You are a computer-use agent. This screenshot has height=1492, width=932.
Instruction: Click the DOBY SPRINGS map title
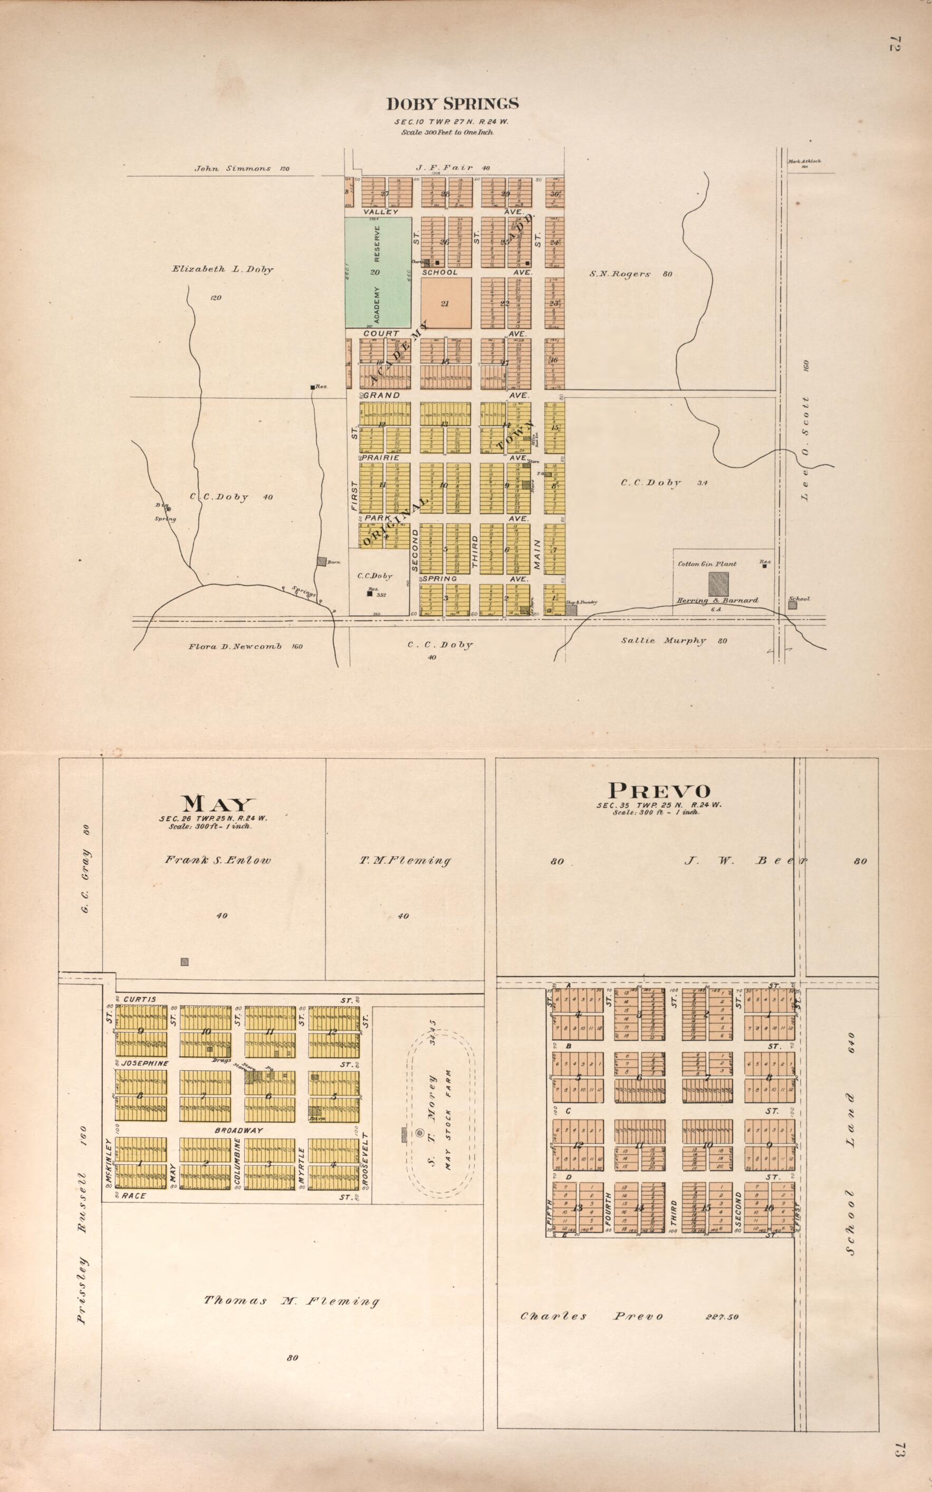452,103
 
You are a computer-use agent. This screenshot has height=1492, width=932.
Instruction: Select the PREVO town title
659,790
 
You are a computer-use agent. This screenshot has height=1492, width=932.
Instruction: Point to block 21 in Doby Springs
446,303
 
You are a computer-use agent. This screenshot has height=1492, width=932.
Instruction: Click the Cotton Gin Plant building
718,583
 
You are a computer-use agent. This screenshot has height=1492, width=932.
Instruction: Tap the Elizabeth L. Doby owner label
223,270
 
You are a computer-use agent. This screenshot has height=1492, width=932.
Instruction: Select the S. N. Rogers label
629,274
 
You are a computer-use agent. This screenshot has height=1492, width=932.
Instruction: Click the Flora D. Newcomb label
245,646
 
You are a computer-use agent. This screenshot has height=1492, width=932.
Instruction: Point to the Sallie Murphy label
673,640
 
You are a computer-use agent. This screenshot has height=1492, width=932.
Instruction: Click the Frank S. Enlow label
218,860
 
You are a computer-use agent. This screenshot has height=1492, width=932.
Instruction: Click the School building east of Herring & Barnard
793,605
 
